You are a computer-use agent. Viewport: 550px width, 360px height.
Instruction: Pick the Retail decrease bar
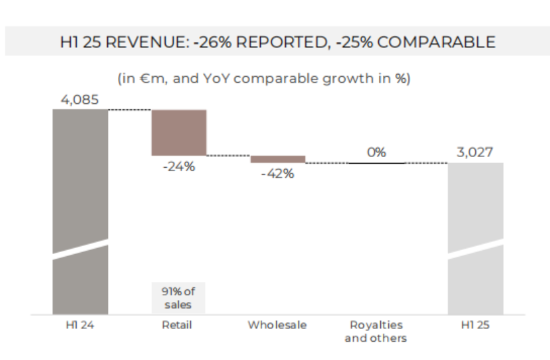179,132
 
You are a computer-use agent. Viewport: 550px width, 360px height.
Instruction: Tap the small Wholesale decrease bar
278,159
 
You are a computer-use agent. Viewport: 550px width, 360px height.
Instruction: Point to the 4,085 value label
80,100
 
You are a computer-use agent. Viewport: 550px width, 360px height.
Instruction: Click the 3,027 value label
475,153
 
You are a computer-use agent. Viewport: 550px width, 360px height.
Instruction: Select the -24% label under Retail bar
179,167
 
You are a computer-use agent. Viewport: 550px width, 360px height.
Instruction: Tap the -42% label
278,173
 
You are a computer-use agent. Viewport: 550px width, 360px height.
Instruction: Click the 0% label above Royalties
376,153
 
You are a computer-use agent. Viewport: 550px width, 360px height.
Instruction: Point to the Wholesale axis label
277,325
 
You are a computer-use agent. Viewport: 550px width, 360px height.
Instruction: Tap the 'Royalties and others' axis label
375,332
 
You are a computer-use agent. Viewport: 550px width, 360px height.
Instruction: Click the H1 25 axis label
475,325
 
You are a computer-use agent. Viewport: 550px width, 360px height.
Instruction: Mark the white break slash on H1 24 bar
80,247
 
